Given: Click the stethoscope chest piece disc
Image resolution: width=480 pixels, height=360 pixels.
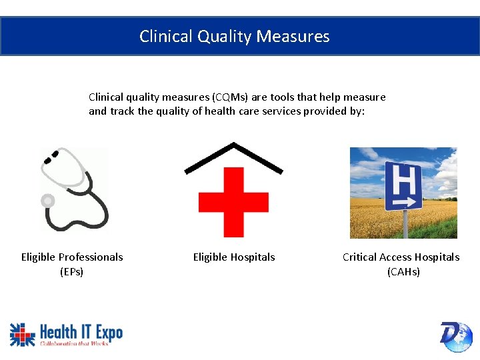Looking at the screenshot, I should [48, 200].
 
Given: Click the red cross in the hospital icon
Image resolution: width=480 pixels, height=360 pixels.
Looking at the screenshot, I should [233, 202].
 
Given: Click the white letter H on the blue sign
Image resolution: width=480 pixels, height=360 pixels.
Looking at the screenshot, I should [402, 178].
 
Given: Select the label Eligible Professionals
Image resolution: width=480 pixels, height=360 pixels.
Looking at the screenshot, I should [72, 257].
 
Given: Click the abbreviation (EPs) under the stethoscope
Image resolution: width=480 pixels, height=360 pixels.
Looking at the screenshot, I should [72, 272].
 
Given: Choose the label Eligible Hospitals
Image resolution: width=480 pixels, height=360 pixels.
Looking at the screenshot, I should [234, 257].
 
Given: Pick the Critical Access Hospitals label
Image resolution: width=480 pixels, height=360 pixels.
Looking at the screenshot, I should [401, 257].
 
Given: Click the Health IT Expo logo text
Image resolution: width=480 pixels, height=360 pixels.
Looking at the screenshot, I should [80, 331].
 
